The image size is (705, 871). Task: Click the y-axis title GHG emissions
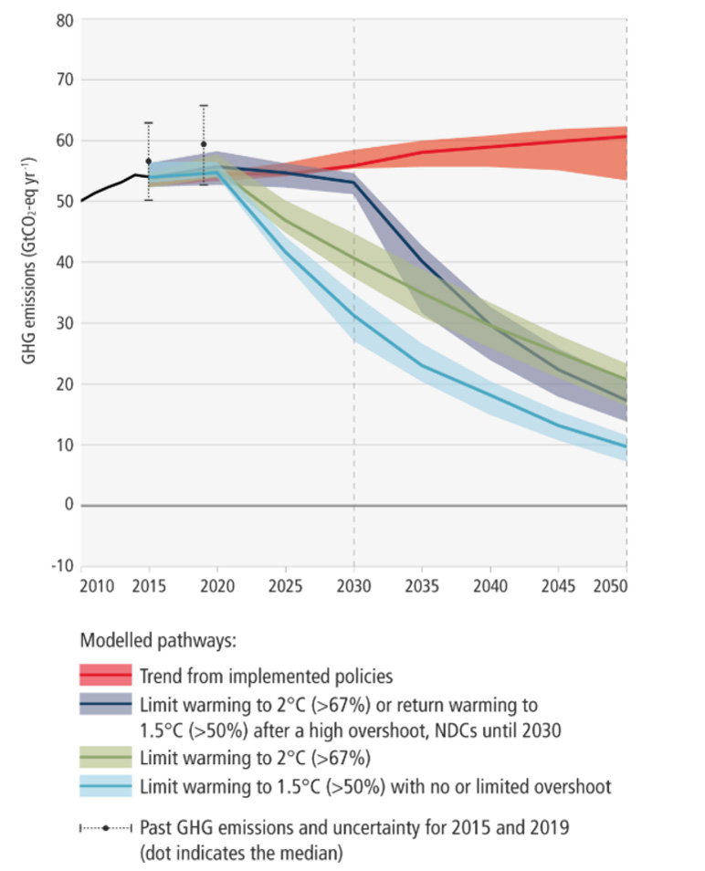click(29, 291)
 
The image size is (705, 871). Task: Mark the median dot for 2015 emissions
click(149, 161)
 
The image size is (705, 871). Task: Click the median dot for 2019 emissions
click(204, 144)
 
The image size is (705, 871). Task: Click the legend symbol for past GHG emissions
click(106, 827)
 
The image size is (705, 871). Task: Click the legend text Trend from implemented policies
click(266, 677)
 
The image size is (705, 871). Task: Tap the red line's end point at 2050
click(626, 136)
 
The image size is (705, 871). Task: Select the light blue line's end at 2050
click(626, 447)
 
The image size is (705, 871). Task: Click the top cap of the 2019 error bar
click(204, 106)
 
